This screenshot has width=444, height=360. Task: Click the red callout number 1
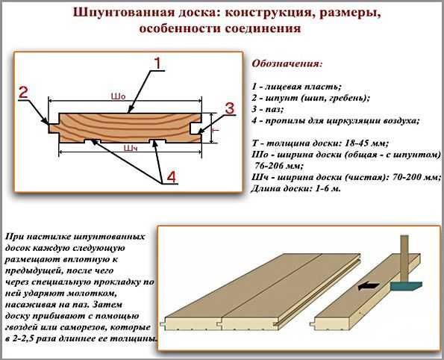point(158,63)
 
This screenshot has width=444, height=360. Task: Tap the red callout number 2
point(24,93)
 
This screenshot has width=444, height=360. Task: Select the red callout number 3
point(230,108)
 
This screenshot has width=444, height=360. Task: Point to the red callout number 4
point(172,177)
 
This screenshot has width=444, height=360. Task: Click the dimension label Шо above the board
point(118,96)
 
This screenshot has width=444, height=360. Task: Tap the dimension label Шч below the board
point(131,148)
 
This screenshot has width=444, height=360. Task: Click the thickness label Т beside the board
point(216,130)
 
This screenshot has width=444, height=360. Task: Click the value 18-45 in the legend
point(357,143)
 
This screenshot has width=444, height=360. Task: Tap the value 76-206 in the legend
point(268,166)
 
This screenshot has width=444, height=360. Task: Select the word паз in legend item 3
point(275,109)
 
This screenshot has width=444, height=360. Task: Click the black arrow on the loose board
point(369,287)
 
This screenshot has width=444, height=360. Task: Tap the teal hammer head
point(407,286)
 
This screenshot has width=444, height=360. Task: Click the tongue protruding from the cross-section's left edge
point(54,128)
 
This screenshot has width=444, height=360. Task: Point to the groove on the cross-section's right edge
point(196,128)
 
